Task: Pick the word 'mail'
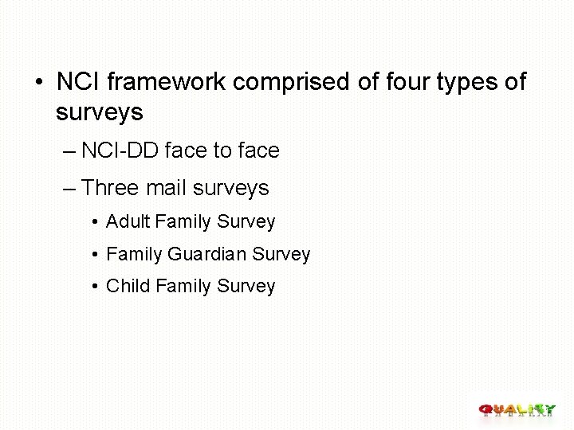coord(165,188)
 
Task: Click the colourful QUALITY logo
coord(517,410)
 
